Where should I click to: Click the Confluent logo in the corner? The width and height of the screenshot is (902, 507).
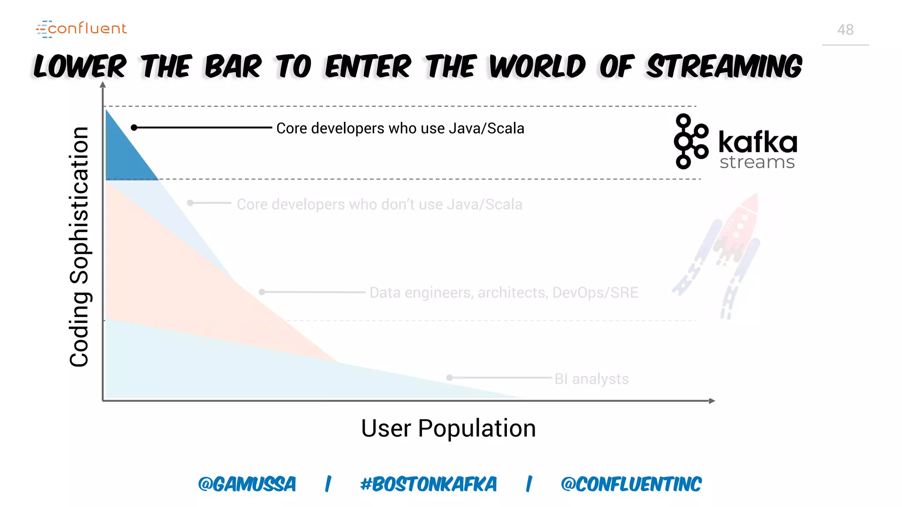(81, 29)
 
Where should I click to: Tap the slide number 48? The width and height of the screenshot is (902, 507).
(845, 30)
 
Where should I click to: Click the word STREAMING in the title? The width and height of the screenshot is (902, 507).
(724, 67)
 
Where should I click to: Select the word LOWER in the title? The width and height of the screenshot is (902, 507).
(80, 67)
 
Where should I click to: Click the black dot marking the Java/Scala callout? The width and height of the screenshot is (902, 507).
(134, 128)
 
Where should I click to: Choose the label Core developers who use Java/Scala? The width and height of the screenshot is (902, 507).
(400, 129)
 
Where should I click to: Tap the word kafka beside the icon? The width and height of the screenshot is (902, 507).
(758, 142)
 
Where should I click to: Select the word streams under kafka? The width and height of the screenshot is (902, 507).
(757, 162)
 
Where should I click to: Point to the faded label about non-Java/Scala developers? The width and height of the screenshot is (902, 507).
(379, 204)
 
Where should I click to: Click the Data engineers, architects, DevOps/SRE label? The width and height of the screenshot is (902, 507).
(503, 293)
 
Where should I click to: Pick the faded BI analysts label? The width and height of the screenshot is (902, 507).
(591, 379)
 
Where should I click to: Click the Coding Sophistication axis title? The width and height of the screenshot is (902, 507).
(79, 246)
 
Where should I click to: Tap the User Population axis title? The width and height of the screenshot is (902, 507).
(448, 428)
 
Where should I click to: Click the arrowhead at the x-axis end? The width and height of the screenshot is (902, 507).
(711, 401)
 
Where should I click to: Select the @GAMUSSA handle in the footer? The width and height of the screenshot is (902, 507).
(247, 484)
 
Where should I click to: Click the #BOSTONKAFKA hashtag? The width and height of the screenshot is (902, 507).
(428, 484)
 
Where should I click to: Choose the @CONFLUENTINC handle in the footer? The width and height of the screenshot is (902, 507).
(631, 484)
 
